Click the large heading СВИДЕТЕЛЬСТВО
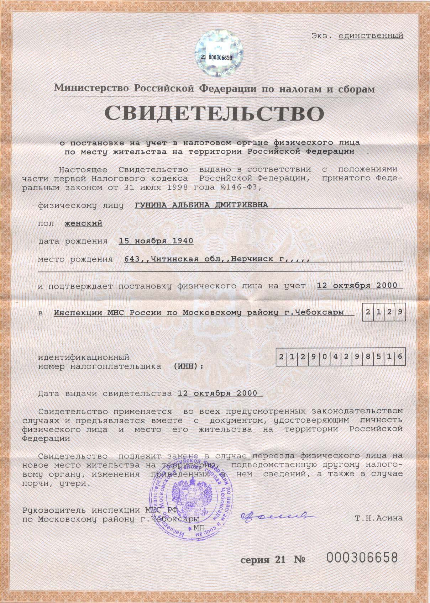pos(215,113)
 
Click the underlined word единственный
pos(371,36)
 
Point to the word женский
pos(83,223)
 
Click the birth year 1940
pos(183,241)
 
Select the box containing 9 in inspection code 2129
pos(400,312)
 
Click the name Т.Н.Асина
pos(379,518)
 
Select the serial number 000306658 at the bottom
pos(362,557)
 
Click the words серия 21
pos(263,560)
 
